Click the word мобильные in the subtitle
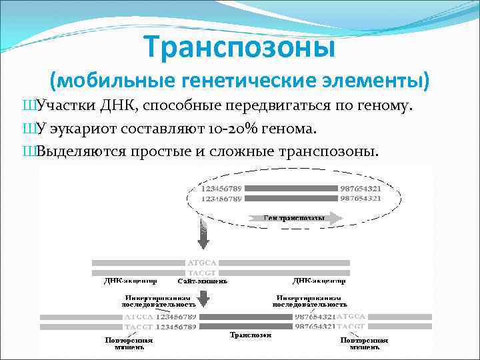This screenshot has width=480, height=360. pos(111,81)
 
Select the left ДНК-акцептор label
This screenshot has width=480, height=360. pos(131,281)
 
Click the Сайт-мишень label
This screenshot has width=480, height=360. pos(203,281)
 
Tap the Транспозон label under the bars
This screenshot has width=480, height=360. pos(251,335)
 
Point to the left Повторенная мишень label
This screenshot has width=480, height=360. pos(129,343)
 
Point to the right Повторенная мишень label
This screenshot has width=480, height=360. pos(364,343)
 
